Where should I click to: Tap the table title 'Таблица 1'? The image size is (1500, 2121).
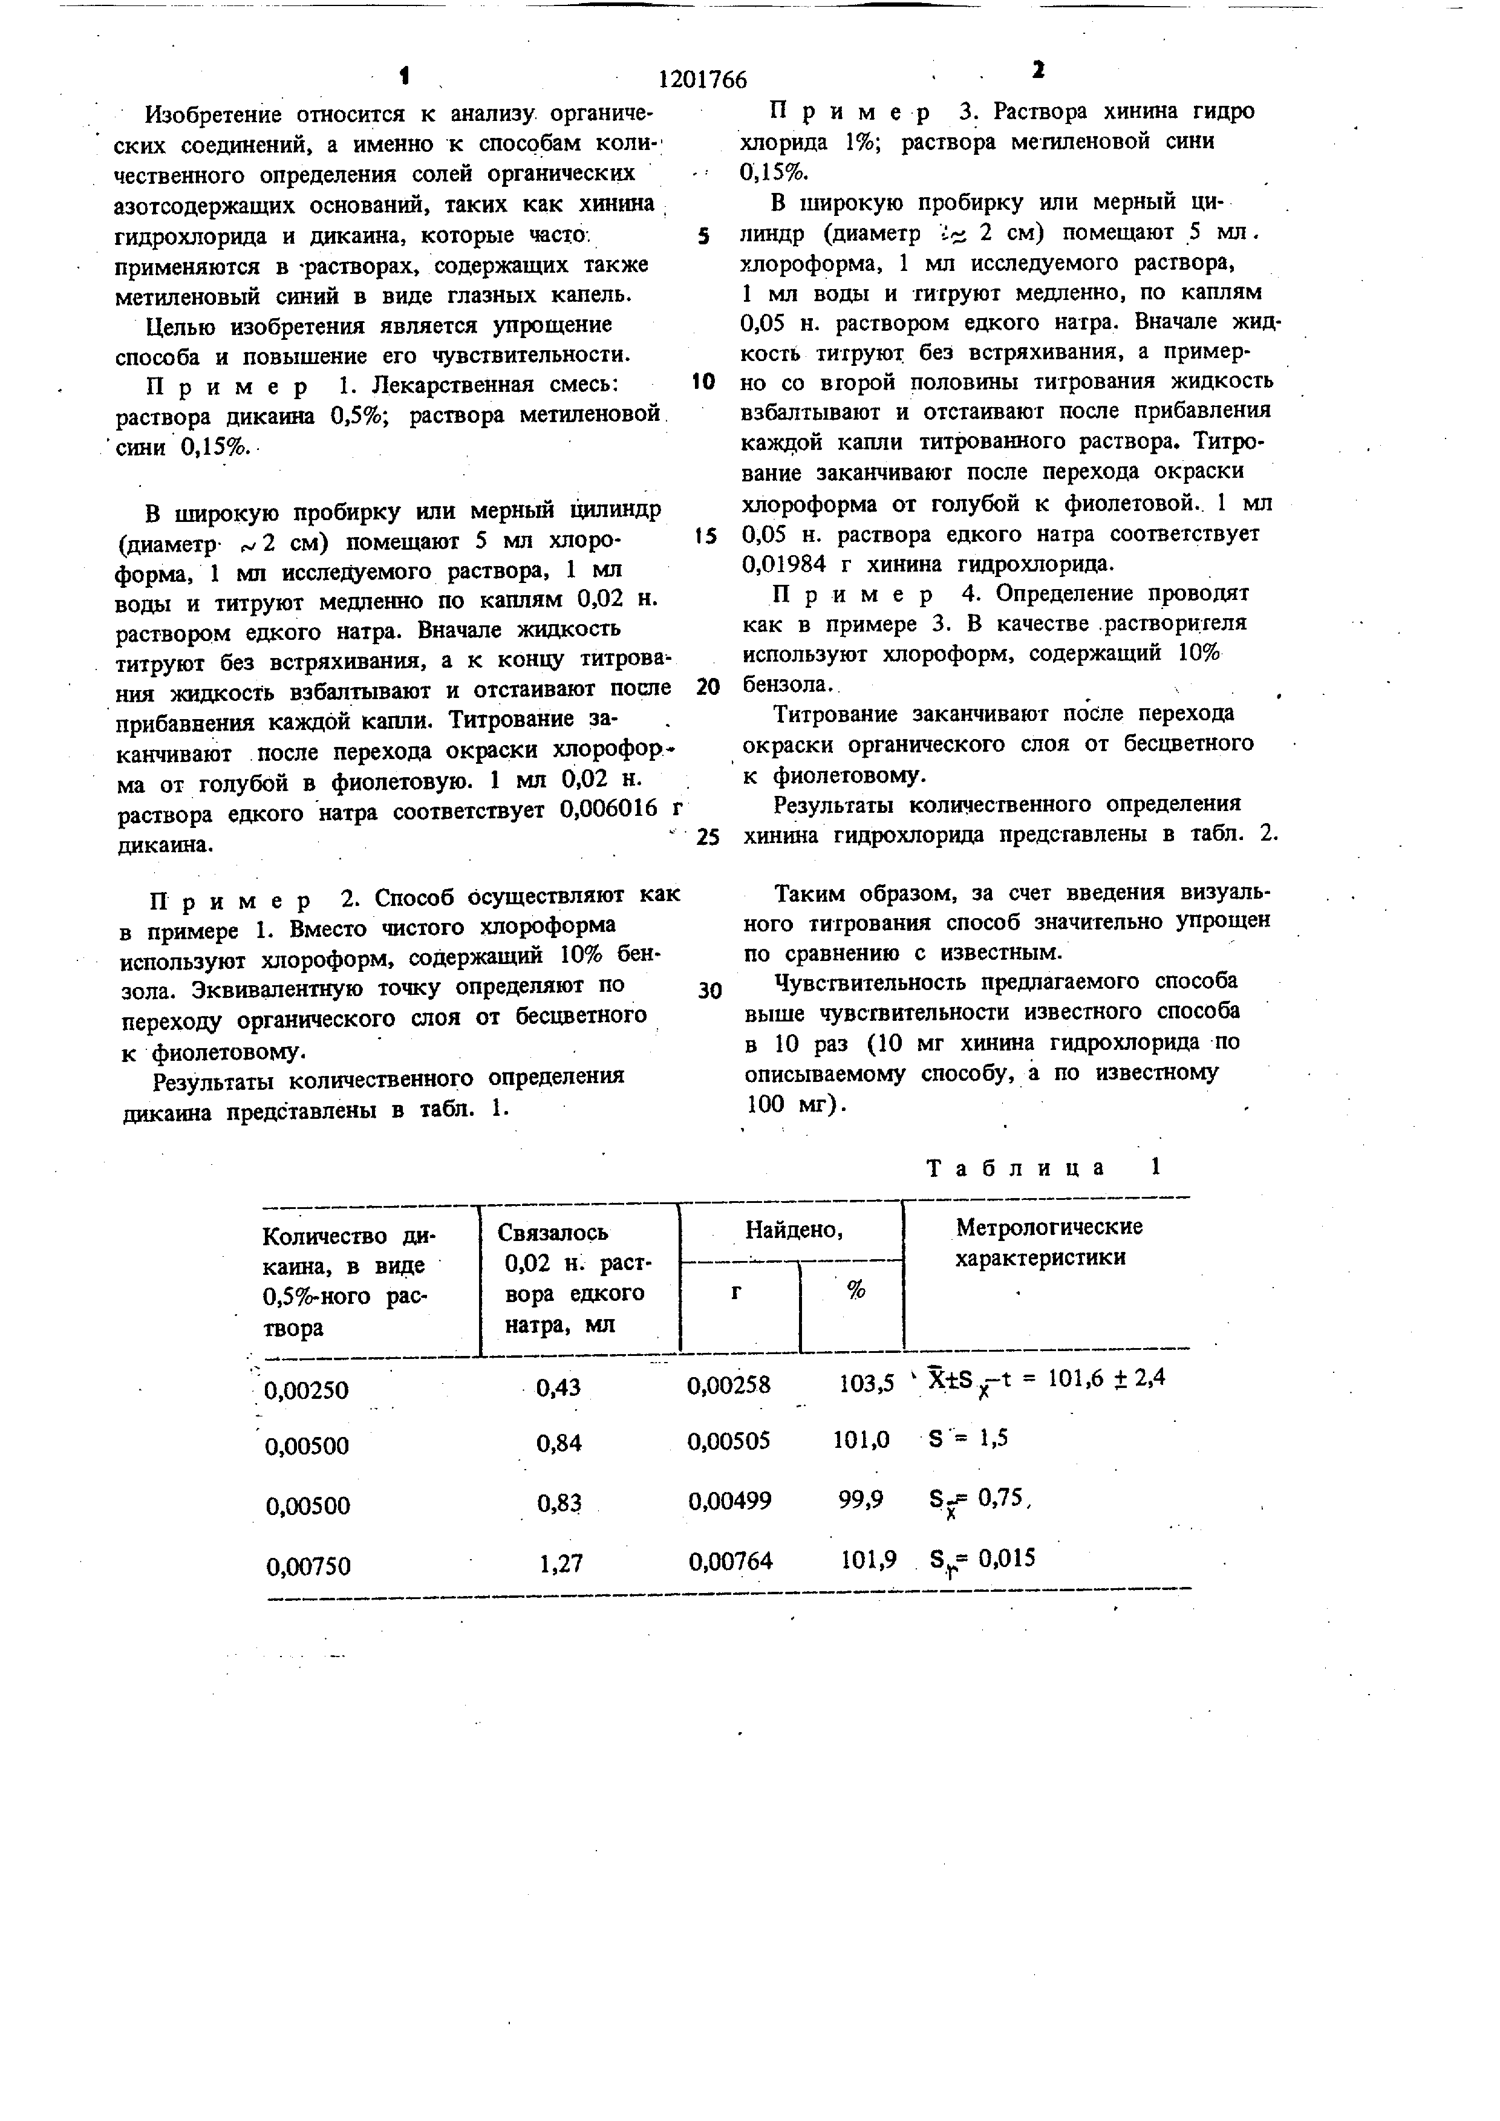1042,1168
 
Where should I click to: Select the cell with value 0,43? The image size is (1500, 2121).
559,1387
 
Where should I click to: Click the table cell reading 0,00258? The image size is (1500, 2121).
729,1385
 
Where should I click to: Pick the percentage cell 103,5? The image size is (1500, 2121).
866,1384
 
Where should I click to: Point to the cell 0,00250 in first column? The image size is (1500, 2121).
307,1389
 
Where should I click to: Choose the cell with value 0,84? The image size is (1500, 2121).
559,1443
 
